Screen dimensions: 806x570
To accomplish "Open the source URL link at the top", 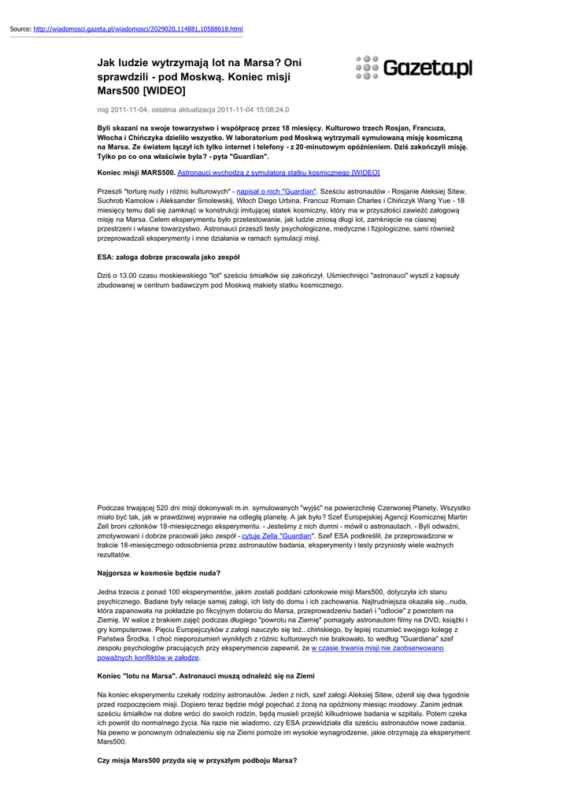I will [x=139, y=29].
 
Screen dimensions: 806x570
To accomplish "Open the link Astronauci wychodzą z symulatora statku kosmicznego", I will [x=279, y=172].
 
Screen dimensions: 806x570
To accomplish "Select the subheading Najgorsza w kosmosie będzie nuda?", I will [x=158, y=572].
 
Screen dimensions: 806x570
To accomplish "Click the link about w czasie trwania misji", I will [x=377, y=648].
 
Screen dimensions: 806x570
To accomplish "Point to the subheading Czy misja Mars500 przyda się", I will [x=197, y=760].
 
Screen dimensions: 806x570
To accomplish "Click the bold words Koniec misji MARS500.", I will [x=135, y=172].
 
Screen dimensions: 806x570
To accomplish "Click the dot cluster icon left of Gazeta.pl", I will [x=368, y=68].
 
